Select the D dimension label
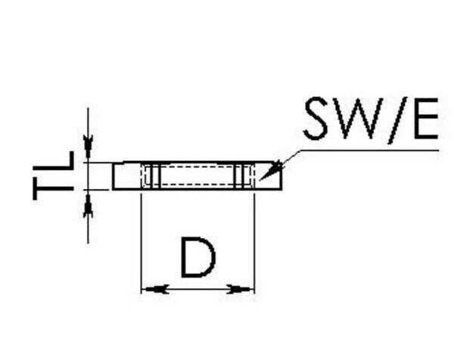[198, 258]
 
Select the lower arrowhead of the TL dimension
[89, 203]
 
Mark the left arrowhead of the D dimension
[152, 288]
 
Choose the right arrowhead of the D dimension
[244, 288]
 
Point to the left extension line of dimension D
[141, 242]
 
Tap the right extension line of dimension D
[254, 242]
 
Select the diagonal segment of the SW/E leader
[288, 158]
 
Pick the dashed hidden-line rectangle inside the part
[198, 176]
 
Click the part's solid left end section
[126, 176]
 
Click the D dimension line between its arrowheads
[198, 288]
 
